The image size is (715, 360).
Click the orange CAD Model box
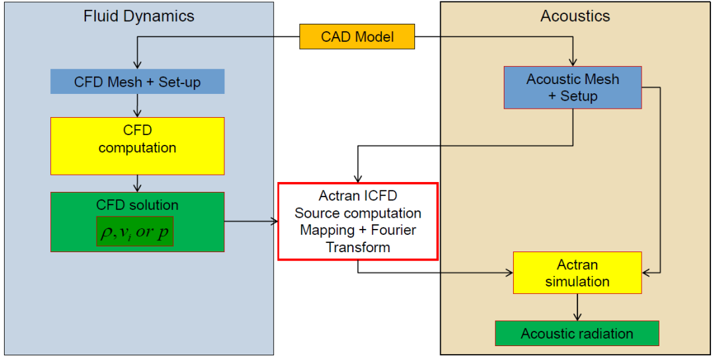357,36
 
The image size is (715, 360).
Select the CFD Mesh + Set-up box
137,81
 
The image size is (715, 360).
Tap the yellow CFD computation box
137,146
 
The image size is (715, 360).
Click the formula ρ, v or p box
134,232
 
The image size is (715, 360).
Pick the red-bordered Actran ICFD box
358,222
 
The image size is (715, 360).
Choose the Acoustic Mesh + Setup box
573,87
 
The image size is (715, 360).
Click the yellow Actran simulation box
577,273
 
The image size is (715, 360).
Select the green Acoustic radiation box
577,333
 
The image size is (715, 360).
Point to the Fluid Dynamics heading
139,17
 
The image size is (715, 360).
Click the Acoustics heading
575,17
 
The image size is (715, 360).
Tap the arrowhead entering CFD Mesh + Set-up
137,65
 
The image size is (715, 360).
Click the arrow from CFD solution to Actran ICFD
252,222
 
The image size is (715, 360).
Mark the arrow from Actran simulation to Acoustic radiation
578,307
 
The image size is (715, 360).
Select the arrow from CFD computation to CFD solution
137,184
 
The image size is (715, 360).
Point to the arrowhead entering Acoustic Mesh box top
573,63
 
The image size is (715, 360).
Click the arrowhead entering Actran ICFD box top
358,179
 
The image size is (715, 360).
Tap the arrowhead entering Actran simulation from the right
645,273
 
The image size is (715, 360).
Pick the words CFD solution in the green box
137,204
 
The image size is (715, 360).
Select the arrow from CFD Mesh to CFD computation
137,106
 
